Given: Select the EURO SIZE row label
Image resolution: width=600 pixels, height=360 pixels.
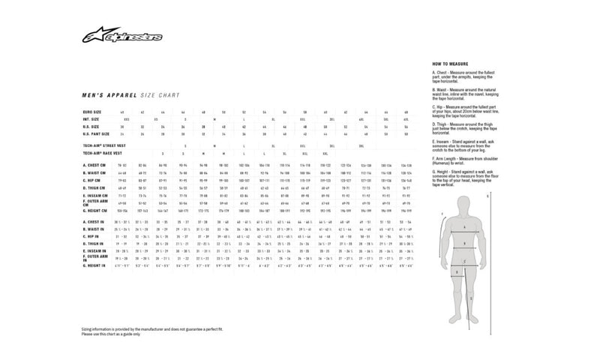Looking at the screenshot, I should coord(91,111).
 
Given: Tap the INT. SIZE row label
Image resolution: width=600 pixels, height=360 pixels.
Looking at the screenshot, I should coord(90,118).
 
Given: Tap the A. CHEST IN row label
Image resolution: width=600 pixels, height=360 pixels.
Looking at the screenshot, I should coord(94,223).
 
